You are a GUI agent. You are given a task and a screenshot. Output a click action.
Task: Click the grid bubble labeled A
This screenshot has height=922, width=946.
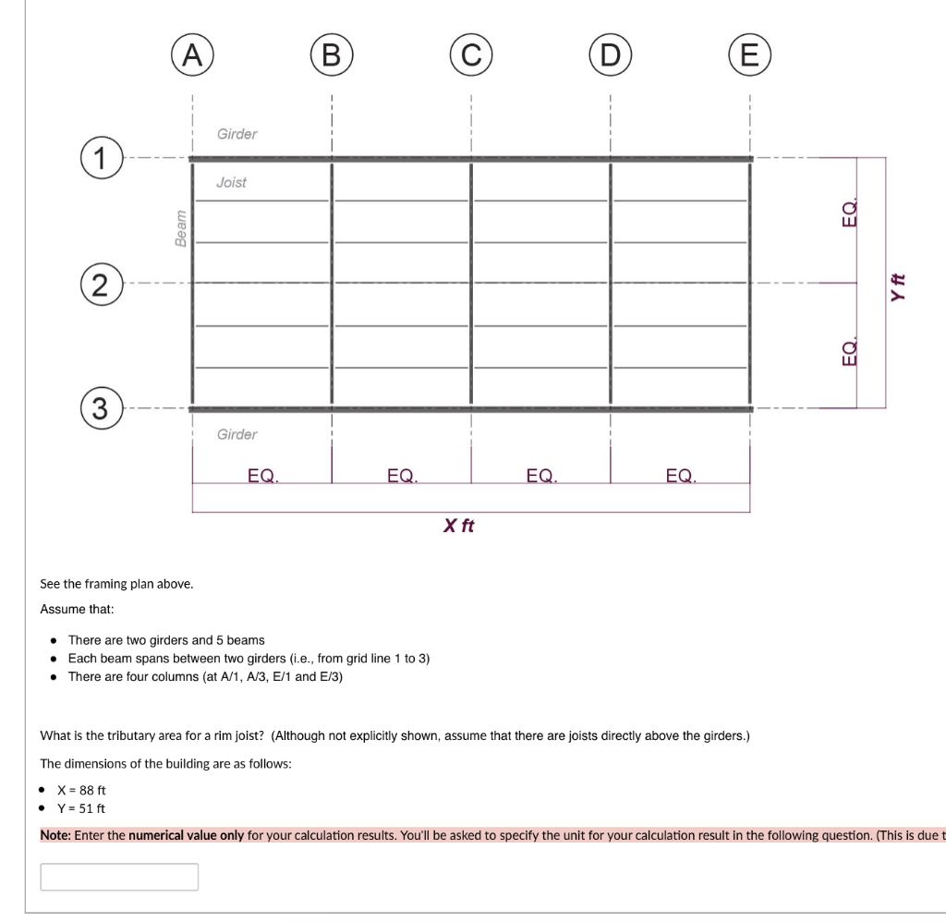191,55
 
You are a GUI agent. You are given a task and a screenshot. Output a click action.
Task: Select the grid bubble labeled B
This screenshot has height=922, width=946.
331,55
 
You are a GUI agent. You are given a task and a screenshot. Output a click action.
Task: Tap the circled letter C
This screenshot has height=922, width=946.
471,55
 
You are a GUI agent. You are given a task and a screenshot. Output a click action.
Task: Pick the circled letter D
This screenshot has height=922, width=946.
610,55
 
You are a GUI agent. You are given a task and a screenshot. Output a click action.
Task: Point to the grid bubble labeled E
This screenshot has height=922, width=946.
749,55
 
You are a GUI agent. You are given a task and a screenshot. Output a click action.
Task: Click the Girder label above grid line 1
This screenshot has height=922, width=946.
236,134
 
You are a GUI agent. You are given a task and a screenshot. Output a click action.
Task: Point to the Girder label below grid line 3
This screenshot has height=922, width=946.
236,434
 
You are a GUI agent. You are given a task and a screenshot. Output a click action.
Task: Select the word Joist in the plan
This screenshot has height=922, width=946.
231,182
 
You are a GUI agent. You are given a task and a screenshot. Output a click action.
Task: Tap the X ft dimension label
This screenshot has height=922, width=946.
458,526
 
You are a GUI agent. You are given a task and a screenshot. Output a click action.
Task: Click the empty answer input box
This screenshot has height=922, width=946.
119,877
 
